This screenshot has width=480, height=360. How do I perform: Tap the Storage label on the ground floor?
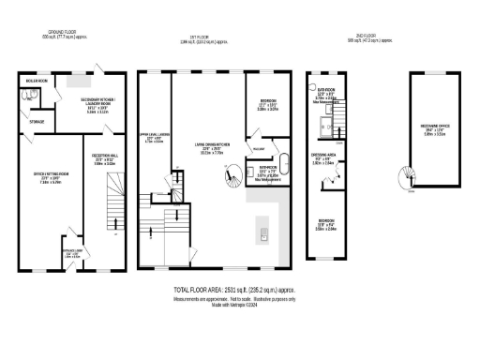click(37, 120)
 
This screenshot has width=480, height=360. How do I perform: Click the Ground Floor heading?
click(67, 33)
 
